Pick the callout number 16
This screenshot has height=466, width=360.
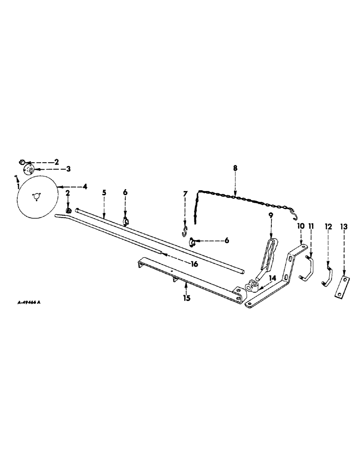[x=181, y=264]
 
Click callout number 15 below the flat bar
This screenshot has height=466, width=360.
[x=187, y=298]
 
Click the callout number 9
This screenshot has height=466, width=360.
[x=270, y=216]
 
